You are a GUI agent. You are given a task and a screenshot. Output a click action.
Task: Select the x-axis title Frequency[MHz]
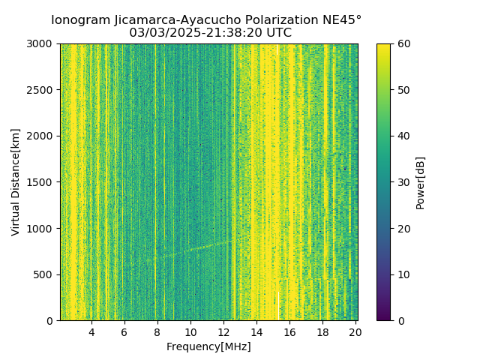(x=208, y=346)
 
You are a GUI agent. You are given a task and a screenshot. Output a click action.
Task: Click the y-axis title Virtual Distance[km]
(x=16, y=181)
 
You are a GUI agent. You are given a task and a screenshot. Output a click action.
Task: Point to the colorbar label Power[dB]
(x=420, y=182)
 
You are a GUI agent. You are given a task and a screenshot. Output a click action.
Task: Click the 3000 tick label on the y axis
(x=42, y=43)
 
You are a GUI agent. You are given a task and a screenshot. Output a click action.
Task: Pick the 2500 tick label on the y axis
(x=42, y=90)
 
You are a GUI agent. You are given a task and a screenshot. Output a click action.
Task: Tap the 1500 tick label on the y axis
(x=42, y=182)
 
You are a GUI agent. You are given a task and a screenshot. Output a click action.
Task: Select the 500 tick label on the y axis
(x=45, y=274)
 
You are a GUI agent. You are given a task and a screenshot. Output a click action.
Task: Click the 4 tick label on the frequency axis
(x=91, y=331)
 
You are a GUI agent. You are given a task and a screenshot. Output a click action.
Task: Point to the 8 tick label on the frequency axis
(x=157, y=331)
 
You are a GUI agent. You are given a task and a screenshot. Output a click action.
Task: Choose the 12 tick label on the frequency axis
(x=223, y=331)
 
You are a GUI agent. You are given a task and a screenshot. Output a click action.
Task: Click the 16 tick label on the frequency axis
(x=289, y=331)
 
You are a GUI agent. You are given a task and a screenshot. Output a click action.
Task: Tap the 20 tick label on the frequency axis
(x=355, y=331)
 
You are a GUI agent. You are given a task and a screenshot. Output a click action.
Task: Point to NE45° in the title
(x=343, y=20)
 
